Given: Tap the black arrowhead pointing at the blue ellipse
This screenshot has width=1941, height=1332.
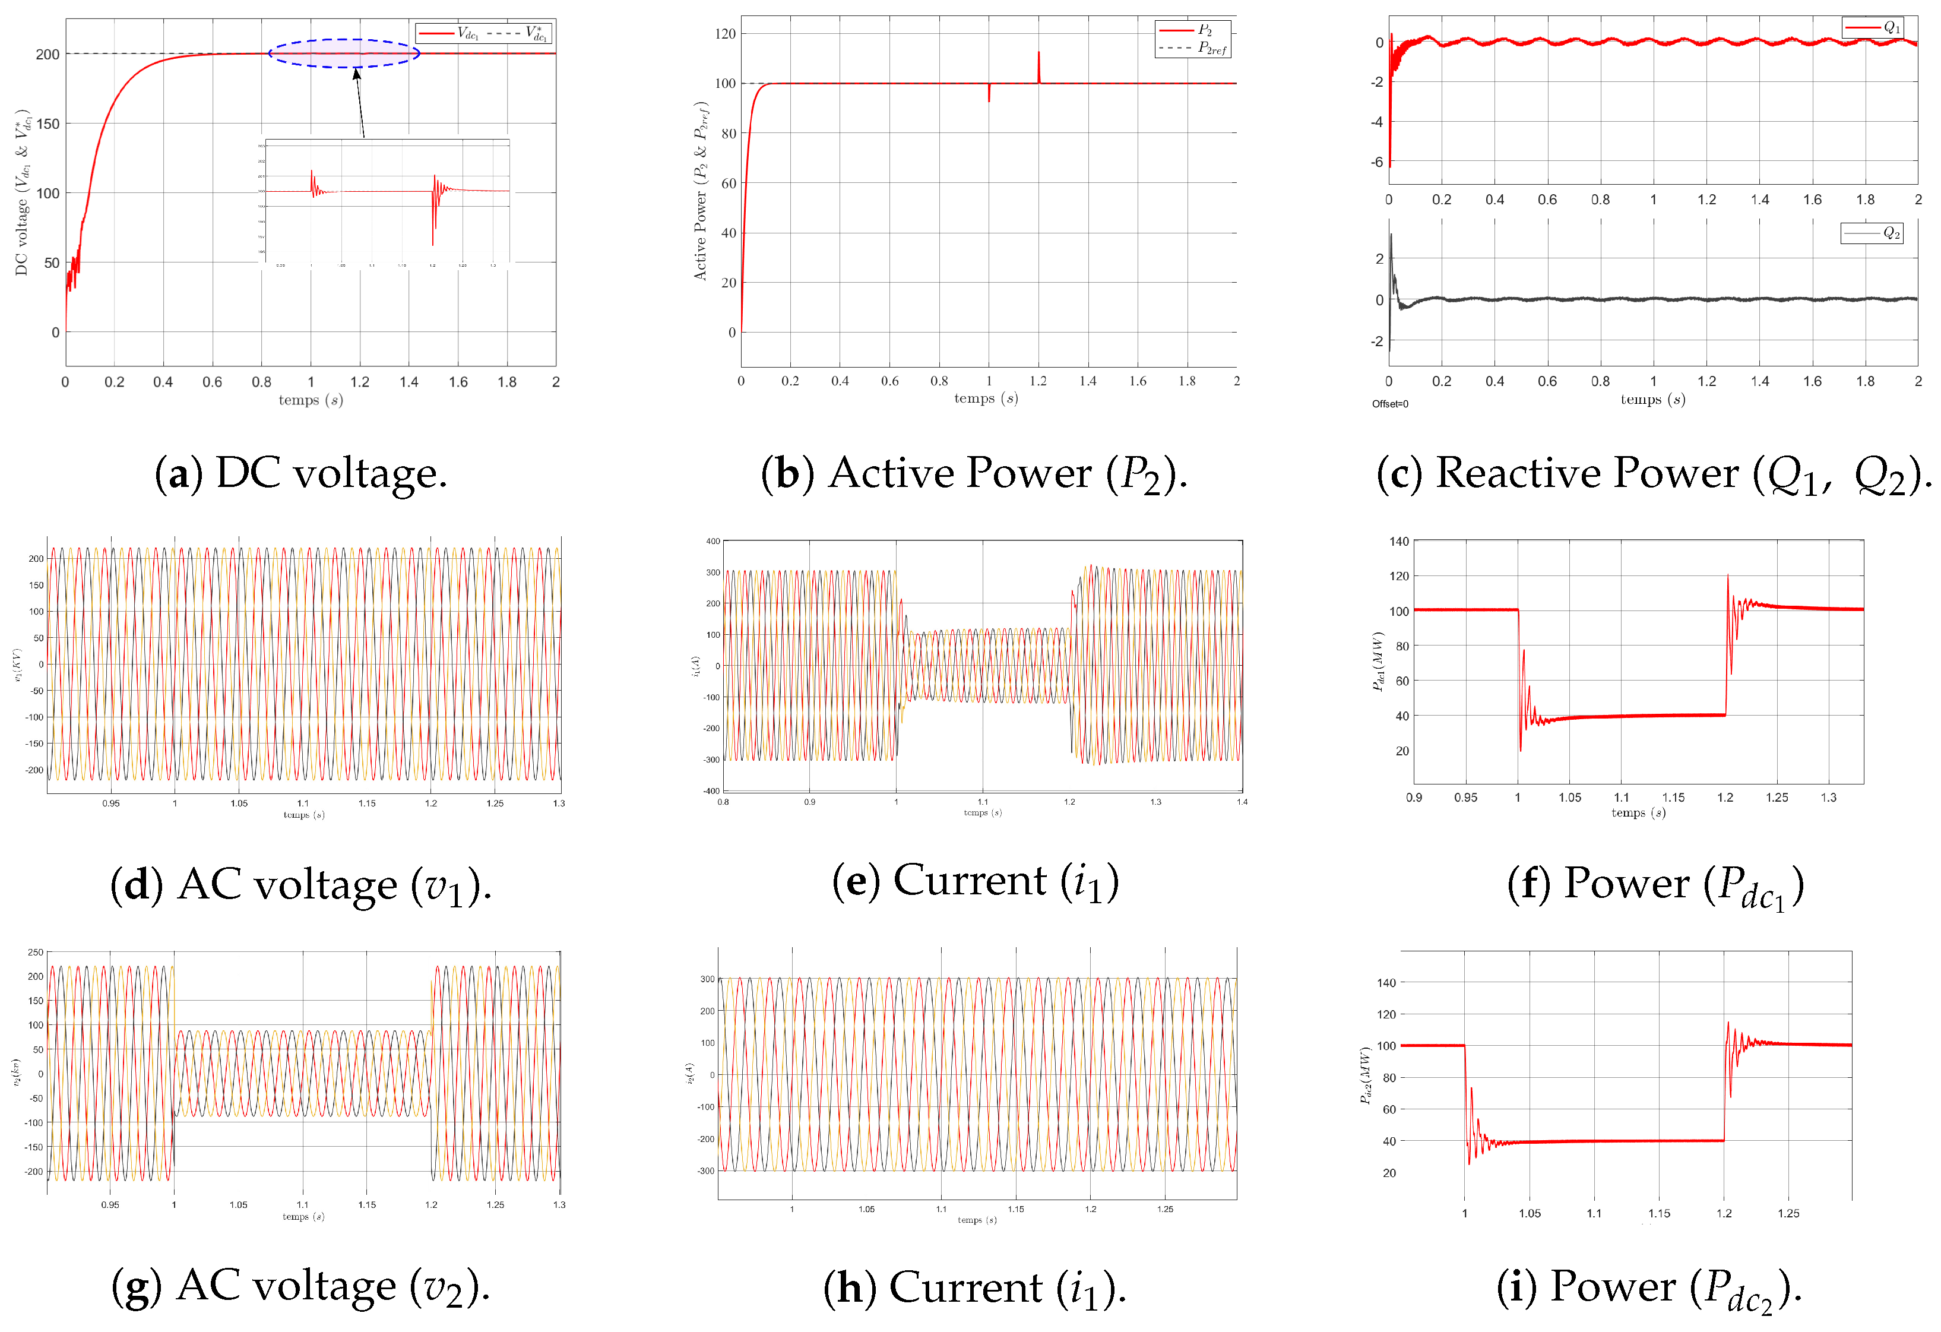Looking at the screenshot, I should tap(357, 74).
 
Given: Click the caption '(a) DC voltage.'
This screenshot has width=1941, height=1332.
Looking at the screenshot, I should tap(300, 473).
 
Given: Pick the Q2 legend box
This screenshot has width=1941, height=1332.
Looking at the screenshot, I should tap(1872, 233).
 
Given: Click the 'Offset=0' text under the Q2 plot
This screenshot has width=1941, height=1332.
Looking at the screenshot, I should tap(1390, 404).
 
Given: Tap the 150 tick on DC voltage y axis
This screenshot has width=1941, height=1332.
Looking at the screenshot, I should tap(48, 124).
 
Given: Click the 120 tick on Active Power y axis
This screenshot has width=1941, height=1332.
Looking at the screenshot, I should tap(725, 34).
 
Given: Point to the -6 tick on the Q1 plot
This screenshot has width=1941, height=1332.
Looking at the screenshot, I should tap(1376, 162).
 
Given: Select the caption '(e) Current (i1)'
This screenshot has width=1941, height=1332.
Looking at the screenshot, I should tap(975, 882).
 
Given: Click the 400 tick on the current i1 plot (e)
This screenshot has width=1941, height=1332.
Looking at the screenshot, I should tap(713, 541).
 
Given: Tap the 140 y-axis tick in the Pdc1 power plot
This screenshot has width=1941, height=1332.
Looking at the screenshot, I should tap(1399, 541).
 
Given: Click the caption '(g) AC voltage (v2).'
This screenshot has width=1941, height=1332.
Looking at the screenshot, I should tap(300, 1286).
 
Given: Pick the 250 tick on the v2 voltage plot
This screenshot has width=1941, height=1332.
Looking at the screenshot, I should tap(35, 952).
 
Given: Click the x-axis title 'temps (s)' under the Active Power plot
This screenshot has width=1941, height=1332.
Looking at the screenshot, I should tap(986, 398).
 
